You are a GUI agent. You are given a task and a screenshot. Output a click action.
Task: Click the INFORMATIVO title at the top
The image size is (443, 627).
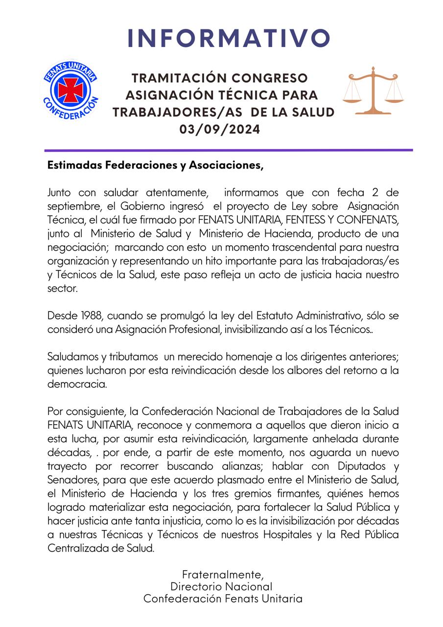coord(229,38)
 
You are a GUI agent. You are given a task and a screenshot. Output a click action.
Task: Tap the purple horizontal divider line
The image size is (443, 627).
coord(229,150)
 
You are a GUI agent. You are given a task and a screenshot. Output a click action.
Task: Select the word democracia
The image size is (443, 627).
coord(76,384)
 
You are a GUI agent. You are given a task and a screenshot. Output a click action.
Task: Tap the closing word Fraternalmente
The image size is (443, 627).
coord(222,574)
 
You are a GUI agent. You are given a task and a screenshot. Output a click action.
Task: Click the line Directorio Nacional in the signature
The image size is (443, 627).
coord(221,586)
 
